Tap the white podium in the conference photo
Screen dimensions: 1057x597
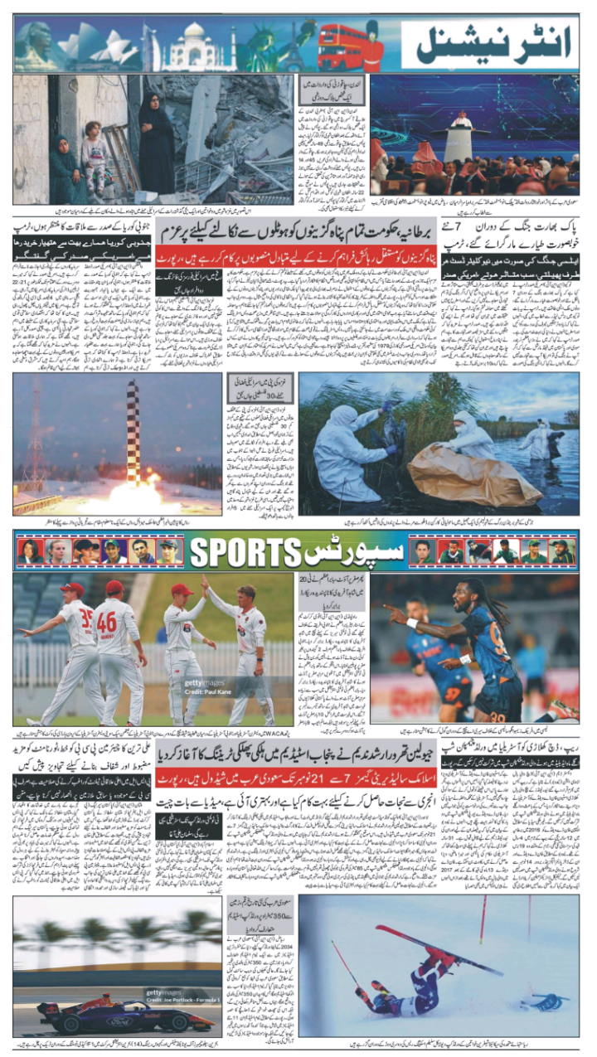tap(459, 136)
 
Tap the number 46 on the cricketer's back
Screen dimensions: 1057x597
tap(107, 621)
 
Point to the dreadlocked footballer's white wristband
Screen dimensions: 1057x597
tap(412, 623)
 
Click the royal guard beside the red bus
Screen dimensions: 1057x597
tap(373, 46)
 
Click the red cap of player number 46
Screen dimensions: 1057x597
tap(114, 588)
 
